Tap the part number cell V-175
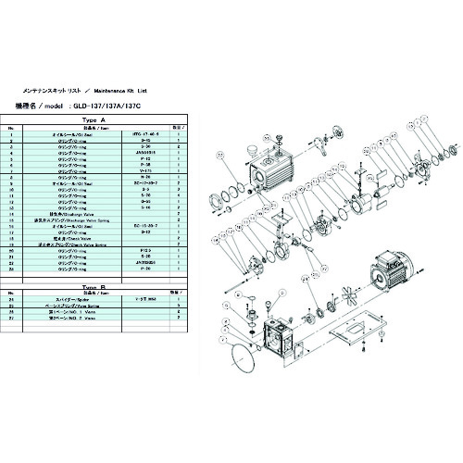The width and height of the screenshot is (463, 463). coord(142,171)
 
